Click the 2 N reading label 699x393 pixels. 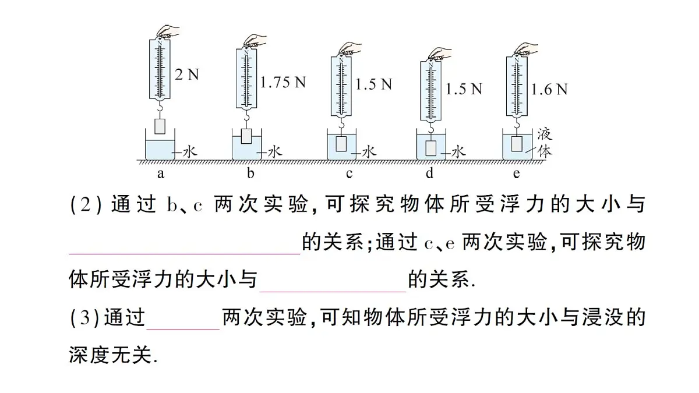tap(187, 75)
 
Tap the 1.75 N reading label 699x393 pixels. tap(283, 83)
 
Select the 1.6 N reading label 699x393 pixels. tap(549, 89)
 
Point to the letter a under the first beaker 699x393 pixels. tap(160, 173)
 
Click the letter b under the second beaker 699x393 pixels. tap(250, 173)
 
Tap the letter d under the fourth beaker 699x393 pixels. tap(430, 173)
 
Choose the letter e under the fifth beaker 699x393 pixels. tap(517, 173)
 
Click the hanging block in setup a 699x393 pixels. tap(160, 126)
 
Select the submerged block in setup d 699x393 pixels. tap(431, 148)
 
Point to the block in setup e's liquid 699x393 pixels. tap(517, 143)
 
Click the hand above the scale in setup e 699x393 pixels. tap(522, 48)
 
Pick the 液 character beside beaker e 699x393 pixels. tap(544, 134)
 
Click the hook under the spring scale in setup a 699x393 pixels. tap(160, 108)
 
